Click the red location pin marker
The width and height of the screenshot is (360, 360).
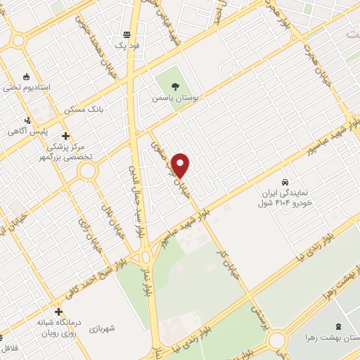(x=181, y=165)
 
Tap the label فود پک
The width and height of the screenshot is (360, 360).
(x=128, y=45)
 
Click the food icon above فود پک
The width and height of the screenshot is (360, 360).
(x=127, y=34)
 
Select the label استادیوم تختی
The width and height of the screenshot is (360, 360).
(x=27, y=87)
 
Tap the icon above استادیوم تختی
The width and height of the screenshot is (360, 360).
(x=27, y=76)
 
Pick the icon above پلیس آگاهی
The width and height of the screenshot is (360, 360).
(x=27, y=120)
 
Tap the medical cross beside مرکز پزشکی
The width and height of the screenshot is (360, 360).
(x=66, y=136)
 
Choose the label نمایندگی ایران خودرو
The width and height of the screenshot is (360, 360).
(x=285, y=194)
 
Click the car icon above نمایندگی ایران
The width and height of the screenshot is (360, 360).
(x=285, y=180)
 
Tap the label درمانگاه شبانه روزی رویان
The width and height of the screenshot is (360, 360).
(x=58, y=327)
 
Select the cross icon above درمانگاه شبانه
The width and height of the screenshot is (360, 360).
(x=58, y=311)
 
